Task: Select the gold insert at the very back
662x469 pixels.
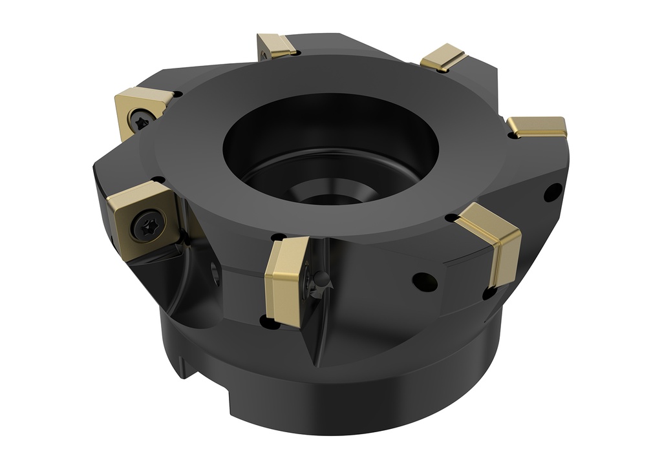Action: (276, 46)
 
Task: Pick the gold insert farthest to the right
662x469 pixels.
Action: (538, 127)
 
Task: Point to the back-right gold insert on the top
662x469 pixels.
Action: (443, 57)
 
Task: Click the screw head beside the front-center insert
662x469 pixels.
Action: (321, 282)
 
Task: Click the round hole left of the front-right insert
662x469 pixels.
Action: (425, 281)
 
